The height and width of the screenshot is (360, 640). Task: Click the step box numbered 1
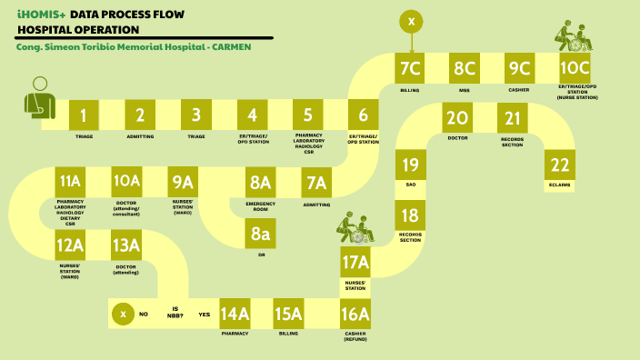[x=84, y=115]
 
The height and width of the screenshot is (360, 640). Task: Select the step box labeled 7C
[x=411, y=67]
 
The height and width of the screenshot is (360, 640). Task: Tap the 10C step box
[x=575, y=67]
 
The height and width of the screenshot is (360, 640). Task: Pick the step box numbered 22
[x=560, y=165]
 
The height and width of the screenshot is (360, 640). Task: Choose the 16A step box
[x=355, y=314]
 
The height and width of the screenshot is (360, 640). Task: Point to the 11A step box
[x=70, y=180]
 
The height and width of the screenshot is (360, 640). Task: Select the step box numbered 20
[x=457, y=118]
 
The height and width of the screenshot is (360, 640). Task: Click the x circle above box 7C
[x=411, y=21]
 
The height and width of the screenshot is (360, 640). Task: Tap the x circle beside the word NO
[x=124, y=314]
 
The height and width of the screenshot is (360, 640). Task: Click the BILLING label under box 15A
[x=289, y=334]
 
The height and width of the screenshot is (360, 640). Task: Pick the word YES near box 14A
[x=205, y=315]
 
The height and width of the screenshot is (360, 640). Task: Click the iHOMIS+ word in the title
[x=41, y=15]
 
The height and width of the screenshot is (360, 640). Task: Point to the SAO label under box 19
[x=411, y=185]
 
